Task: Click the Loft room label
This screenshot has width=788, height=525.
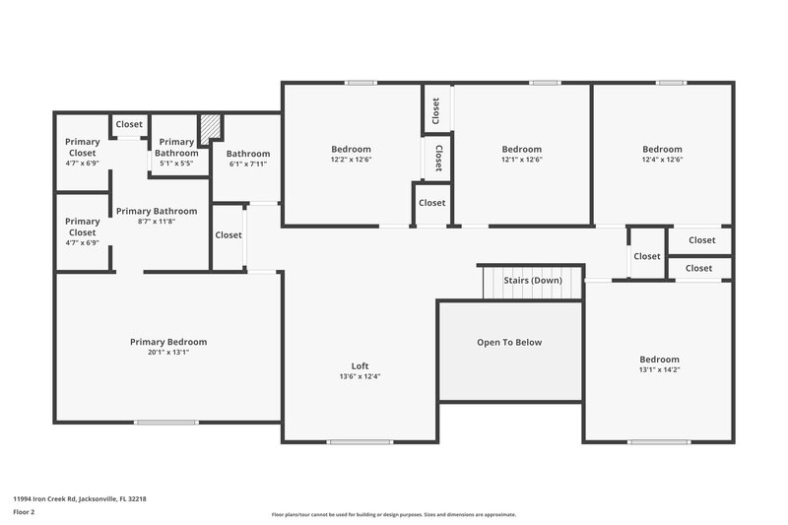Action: [x=360, y=365]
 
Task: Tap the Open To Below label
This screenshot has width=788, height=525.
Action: [x=509, y=342]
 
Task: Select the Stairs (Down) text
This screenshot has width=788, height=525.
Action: [x=532, y=281]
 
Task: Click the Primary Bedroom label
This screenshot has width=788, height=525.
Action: [x=168, y=342]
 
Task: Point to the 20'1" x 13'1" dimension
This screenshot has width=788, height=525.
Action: [x=168, y=352]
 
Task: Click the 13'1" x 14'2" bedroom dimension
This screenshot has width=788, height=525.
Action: [x=658, y=370]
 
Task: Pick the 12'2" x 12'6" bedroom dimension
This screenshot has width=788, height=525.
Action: [x=351, y=160]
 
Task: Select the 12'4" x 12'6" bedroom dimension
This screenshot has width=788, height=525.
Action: [x=662, y=160]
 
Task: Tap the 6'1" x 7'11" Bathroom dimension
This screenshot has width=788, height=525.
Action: [x=248, y=164]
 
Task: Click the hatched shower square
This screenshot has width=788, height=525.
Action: [x=209, y=129]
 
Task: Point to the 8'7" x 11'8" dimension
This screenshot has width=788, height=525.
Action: [x=157, y=222]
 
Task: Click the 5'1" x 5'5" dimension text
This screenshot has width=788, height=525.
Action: [x=176, y=164]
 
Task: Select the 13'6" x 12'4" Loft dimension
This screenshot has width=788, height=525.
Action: [x=360, y=376]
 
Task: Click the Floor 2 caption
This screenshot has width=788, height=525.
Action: [x=25, y=512]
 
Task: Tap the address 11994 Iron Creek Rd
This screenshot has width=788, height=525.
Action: [x=80, y=499]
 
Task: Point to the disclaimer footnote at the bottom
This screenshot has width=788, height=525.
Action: [x=394, y=514]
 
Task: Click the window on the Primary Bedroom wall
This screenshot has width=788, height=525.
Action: [x=165, y=423]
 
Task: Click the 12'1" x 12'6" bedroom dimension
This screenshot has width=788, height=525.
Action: [x=522, y=160]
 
